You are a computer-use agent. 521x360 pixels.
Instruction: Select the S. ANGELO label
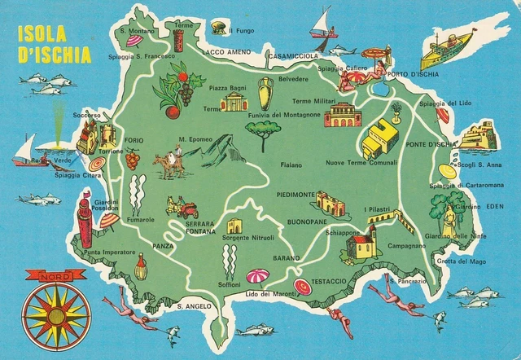point(194,306)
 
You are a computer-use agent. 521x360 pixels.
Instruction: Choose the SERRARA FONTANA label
point(199,229)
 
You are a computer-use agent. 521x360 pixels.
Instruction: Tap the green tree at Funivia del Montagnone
point(265,134)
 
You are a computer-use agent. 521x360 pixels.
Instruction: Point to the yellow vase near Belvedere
point(265,94)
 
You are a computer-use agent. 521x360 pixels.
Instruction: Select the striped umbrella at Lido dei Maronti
point(258,276)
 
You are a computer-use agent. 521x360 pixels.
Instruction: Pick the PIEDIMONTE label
point(296,195)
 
